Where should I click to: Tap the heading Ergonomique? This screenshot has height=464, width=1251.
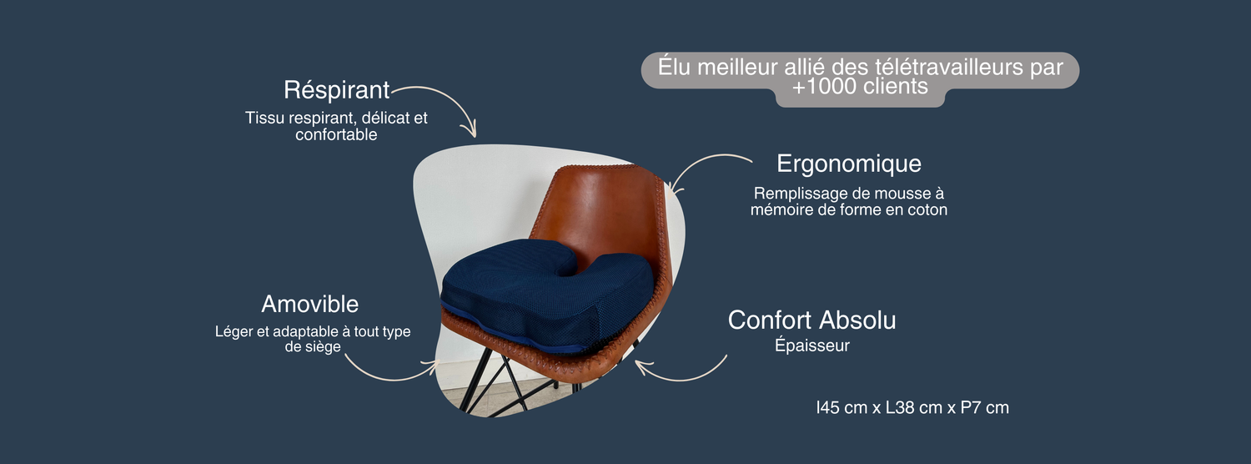click(x=848, y=164)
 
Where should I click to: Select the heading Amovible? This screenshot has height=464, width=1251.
click(x=310, y=305)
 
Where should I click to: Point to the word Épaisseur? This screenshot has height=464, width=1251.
click(x=812, y=345)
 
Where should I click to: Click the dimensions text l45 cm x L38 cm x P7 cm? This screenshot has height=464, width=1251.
click(x=912, y=407)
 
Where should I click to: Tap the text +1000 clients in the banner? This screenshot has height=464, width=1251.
click(x=860, y=87)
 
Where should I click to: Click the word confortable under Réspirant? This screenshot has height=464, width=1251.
click(x=336, y=134)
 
